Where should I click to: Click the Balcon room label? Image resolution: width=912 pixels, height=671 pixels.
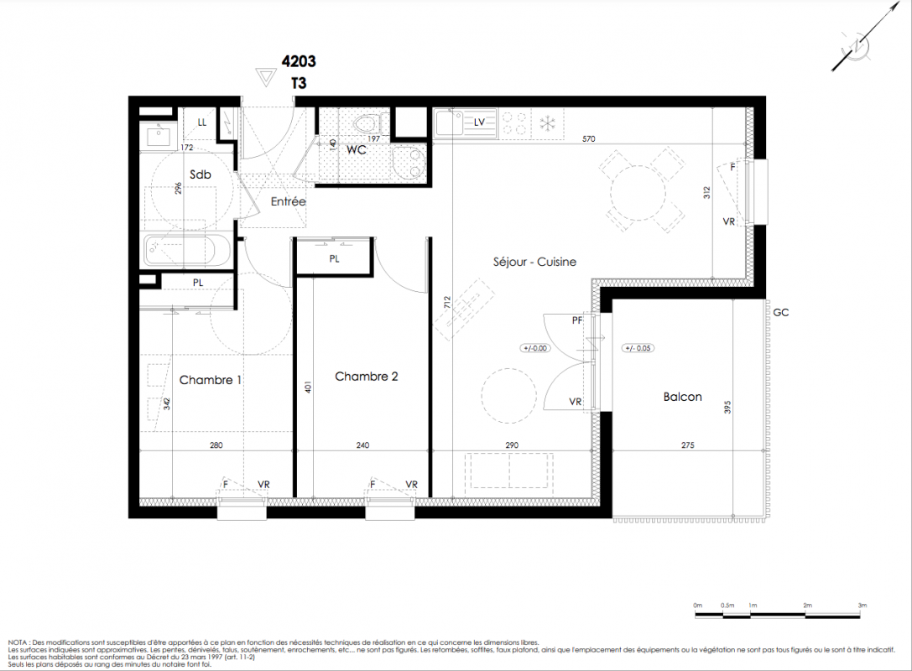[x=682, y=397]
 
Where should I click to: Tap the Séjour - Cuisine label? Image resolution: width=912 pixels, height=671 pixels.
[x=534, y=262]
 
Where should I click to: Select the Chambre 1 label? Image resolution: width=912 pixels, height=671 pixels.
[x=210, y=380]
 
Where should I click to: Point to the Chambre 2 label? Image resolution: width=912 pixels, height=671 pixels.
[x=367, y=377]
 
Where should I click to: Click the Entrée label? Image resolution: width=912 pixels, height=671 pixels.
[x=288, y=201]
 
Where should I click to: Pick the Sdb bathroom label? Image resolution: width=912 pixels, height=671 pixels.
[x=200, y=174]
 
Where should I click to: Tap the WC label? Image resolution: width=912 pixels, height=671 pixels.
[x=357, y=150]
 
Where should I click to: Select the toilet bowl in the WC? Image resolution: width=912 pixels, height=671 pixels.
[x=367, y=124]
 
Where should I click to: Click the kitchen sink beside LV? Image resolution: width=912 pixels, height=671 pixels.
[x=448, y=122]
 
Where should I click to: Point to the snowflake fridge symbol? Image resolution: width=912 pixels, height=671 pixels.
[x=548, y=123]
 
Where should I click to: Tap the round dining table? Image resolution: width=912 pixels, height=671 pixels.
[x=638, y=192]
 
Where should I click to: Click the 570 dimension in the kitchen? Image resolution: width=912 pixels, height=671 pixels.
[x=589, y=139]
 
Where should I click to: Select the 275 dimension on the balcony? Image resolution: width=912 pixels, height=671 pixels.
[x=687, y=445]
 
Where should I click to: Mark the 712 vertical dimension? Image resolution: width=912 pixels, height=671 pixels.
[x=446, y=302]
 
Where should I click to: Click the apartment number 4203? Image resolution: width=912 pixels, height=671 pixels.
[x=299, y=61]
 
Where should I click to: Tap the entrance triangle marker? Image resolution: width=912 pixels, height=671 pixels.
[x=266, y=77]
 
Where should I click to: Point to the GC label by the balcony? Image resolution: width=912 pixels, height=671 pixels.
[x=781, y=313]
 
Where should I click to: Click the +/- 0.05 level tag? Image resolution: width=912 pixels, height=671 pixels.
[x=638, y=348]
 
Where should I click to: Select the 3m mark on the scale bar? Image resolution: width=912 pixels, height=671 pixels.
[x=862, y=606]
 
